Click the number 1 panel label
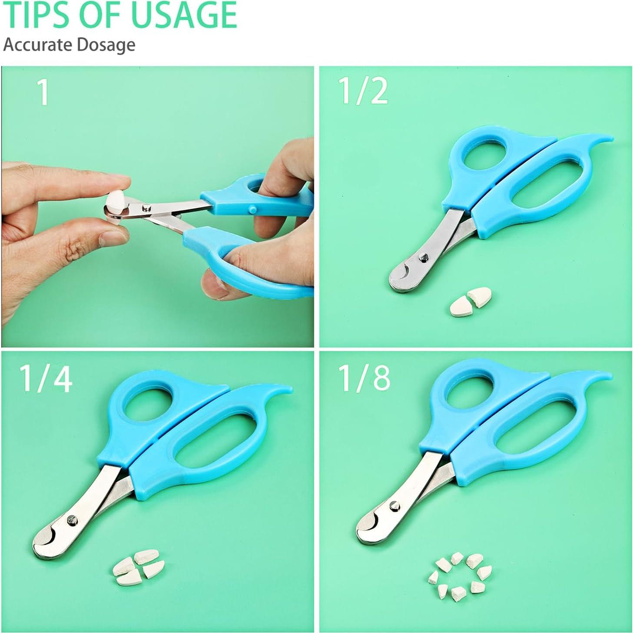(43, 93)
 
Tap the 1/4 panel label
(46, 379)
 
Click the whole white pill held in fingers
(117, 202)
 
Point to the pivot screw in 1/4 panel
(71, 519)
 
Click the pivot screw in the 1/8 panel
(394, 505)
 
